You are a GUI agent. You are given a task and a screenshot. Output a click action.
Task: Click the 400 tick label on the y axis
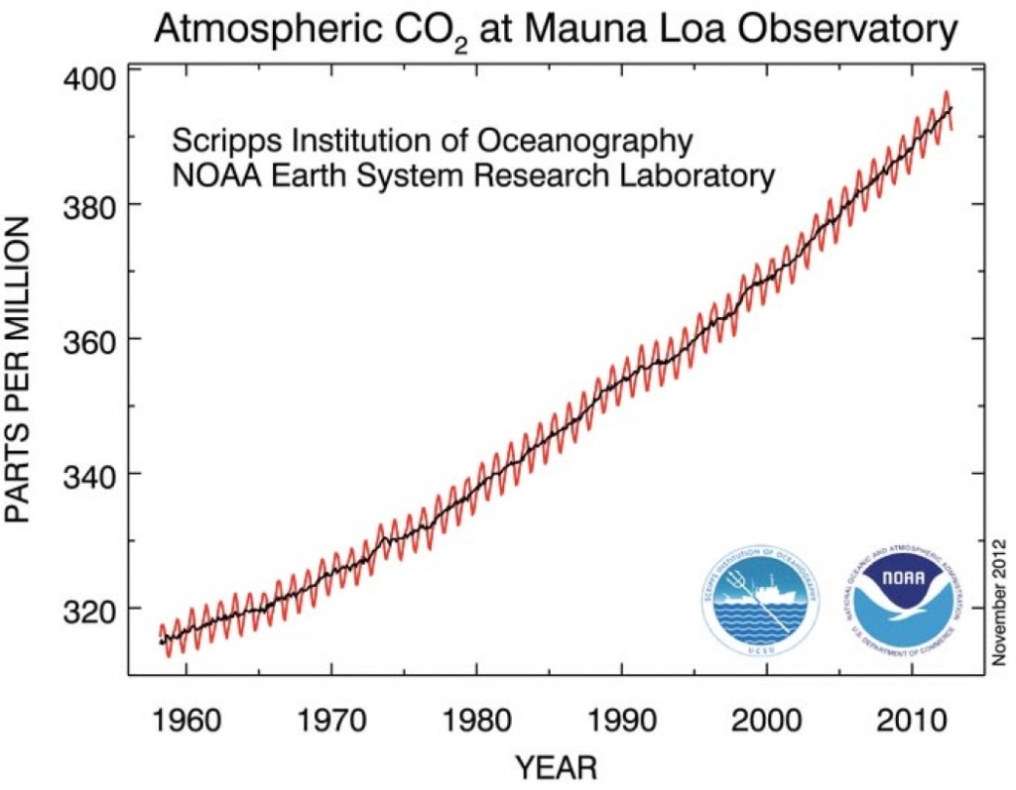pos(88,76)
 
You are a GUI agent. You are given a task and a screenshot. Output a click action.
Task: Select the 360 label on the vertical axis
pos(88,339)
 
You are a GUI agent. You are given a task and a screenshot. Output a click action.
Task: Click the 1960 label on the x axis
pos(187,719)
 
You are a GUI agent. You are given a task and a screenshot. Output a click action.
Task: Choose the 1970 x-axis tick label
pos(331,719)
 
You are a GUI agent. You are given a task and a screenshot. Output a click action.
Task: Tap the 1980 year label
pos(476,719)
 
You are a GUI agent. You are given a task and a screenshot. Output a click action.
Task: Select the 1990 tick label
pos(621,719)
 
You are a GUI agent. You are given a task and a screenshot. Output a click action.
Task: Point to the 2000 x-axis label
pos(766,719)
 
